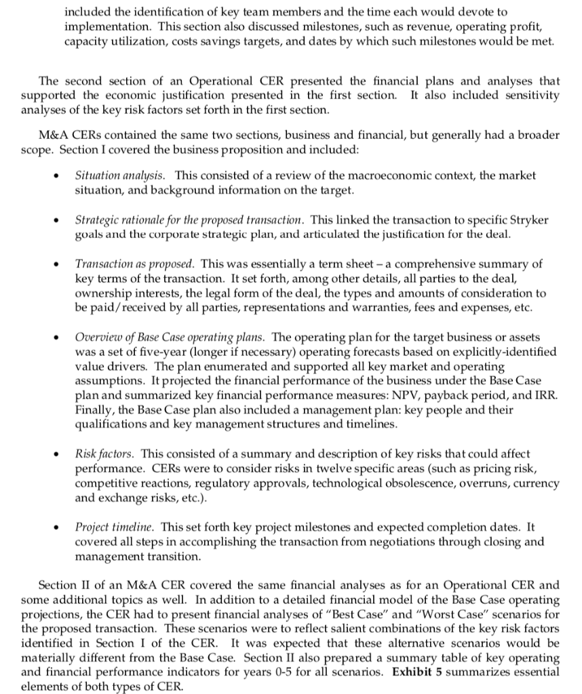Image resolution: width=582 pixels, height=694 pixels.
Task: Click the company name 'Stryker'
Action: pos(526,220)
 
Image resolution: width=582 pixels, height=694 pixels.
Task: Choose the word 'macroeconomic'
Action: pos(353,176)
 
